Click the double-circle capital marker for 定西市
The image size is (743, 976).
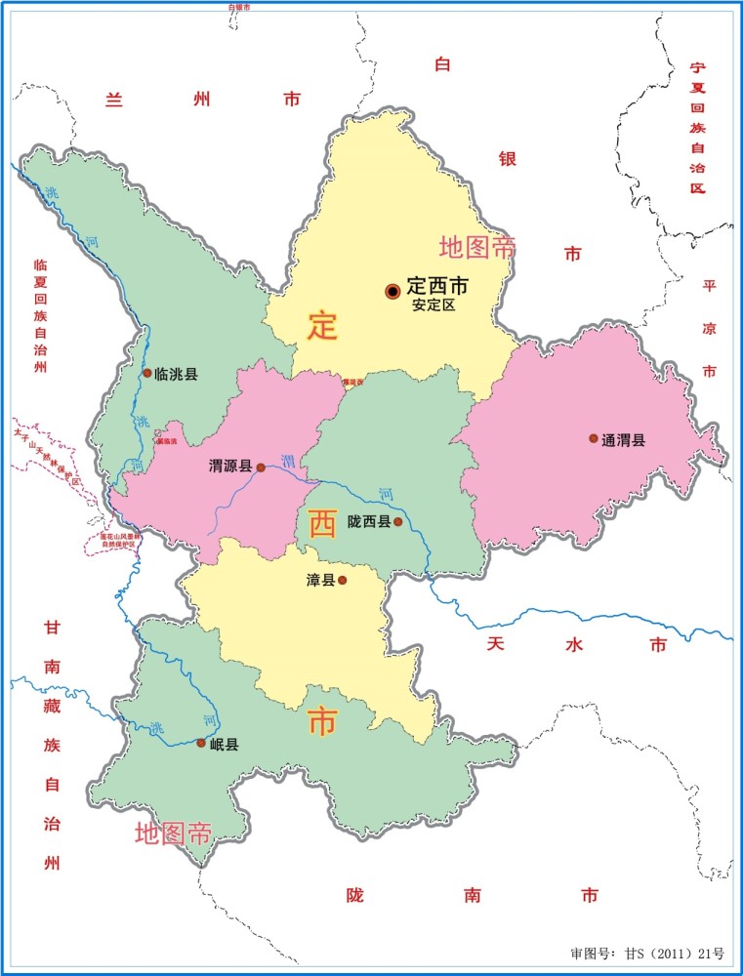392,290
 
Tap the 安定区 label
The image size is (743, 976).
434,305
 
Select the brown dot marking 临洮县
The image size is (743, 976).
147,373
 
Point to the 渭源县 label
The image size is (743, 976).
230,468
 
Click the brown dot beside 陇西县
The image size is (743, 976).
397,522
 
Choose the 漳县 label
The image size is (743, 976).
321,581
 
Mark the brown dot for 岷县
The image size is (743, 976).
201,743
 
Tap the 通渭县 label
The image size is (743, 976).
623,439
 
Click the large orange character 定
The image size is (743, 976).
322,325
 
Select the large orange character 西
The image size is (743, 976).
321,524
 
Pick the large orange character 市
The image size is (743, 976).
322,723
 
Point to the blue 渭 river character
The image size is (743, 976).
288,460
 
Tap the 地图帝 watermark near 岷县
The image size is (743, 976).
174,834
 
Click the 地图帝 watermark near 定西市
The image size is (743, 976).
476,248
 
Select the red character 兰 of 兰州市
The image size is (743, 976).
116,100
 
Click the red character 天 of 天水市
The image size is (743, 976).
496,644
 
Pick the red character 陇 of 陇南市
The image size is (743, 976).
355,895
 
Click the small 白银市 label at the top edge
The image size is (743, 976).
239,7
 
